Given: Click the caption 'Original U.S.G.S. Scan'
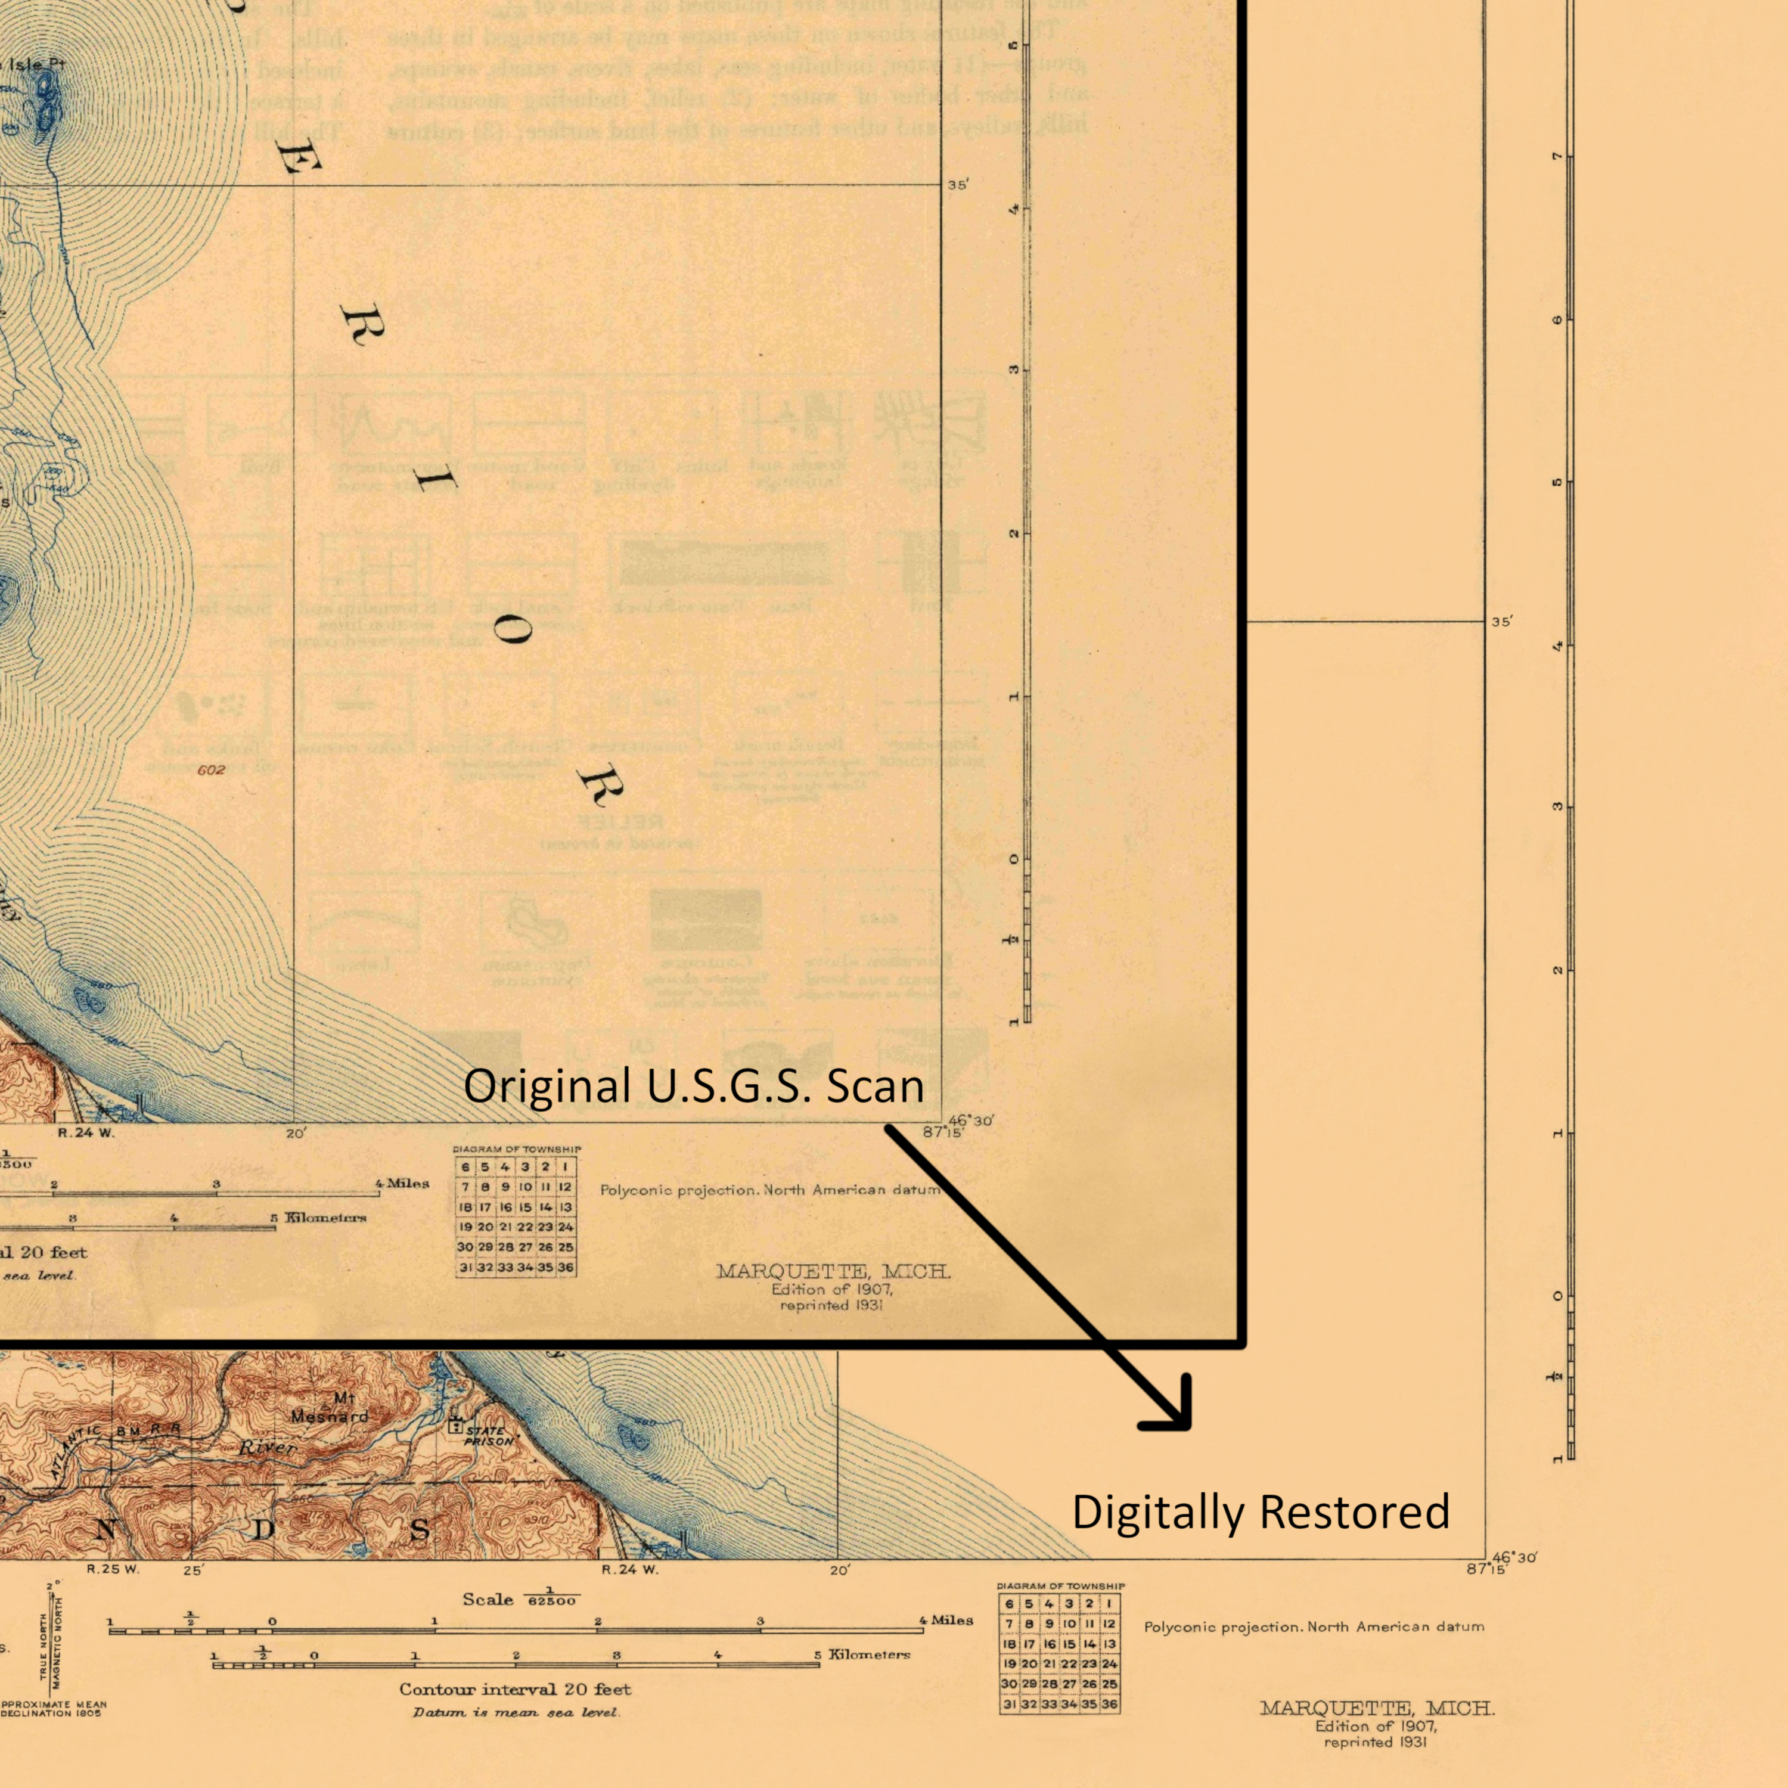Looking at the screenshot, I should [693, 1085].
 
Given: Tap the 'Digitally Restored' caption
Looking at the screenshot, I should [1261, 1512].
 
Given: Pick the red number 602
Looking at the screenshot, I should [211, 769].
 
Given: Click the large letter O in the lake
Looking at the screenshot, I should [513, 633].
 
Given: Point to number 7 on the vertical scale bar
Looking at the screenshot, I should [1557, 156].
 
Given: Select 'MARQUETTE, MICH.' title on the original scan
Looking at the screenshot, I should [833, 1272].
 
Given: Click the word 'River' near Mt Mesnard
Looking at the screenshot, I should [268, 1448].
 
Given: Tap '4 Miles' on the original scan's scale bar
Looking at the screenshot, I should [402, 1182].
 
